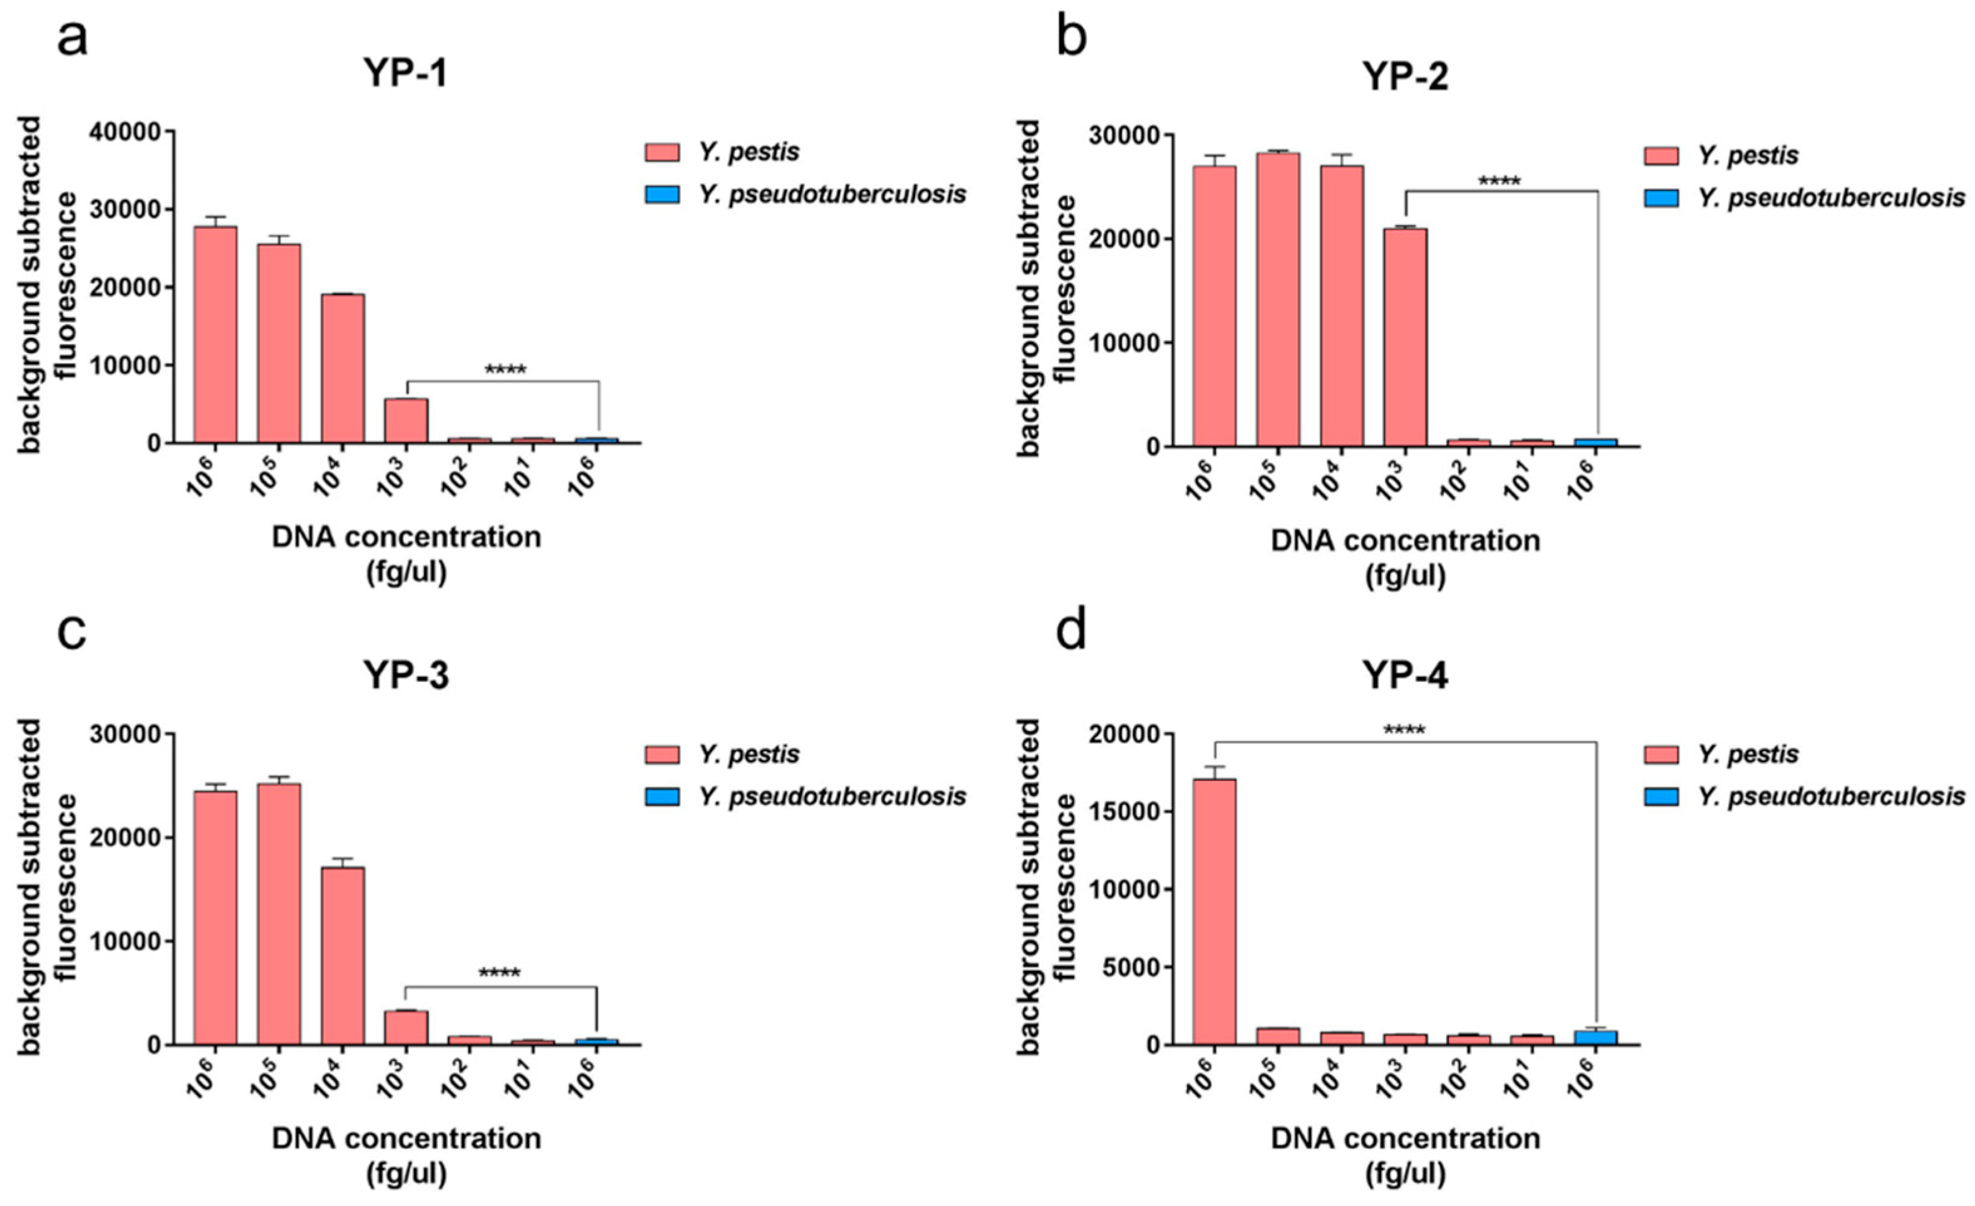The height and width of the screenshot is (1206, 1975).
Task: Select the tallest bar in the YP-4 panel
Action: click(1215, 911)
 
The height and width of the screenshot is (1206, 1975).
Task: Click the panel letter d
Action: click(1072, 632)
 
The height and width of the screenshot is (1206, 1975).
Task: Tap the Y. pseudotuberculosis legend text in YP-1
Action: click(832, 194)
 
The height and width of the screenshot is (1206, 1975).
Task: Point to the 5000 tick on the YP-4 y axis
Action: click(1126, 967)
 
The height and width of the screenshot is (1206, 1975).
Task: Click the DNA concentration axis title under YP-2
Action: click(1405, 540)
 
